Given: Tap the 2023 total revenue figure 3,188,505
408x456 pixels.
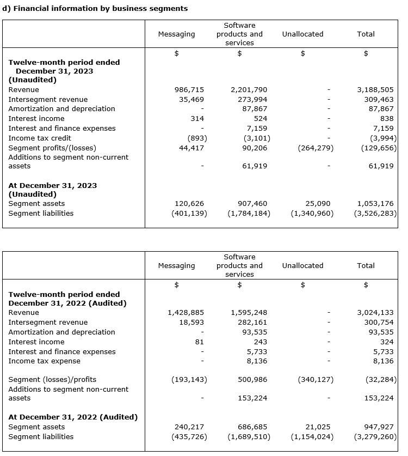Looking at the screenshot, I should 375,89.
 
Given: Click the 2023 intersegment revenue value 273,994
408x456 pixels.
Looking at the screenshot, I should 252,99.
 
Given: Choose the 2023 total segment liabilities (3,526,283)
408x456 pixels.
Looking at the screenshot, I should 375,213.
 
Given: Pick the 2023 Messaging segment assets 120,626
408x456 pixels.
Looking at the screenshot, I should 189,203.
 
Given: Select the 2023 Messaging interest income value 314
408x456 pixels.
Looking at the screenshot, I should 197,118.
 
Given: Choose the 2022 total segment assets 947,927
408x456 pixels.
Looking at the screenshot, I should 378,427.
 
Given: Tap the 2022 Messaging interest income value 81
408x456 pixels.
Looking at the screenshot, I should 199,342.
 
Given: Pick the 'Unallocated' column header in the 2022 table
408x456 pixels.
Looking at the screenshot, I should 302,265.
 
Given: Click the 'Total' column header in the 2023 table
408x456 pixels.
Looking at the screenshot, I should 366,34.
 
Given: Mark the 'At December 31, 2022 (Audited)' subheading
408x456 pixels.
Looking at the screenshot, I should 73,417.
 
